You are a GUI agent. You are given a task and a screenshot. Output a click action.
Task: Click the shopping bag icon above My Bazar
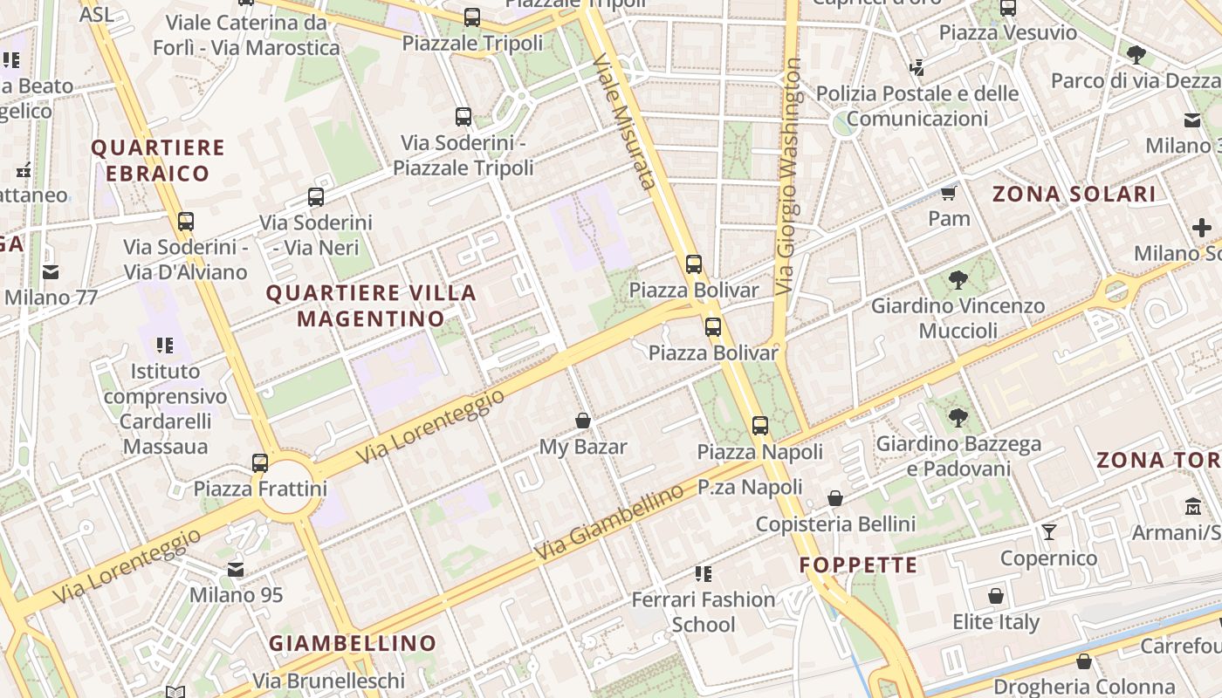pyautogui.click(x=583, y=421)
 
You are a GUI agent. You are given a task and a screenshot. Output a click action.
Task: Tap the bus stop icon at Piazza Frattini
pyautogui.click(x=260, y=462)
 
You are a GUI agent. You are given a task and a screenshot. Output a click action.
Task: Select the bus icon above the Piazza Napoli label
pyautogui.click(x=760, y=426)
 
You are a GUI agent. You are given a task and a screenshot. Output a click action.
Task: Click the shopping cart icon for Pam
pyautogui.click(x=949, y=193)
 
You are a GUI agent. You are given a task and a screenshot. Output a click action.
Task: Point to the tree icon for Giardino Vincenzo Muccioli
pyautogui.click(x=958, y=280)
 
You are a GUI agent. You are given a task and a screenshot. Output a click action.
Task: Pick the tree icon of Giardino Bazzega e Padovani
pyautogui.click(x=958, y=418)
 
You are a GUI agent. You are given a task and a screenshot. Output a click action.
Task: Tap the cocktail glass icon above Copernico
pyautogui.click(x=1048, y=532)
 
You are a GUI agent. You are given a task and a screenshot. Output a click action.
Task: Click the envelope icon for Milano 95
pyautogui.click(x=236, y=570)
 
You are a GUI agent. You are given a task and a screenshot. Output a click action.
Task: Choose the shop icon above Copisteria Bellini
pyautogui.click(x=835, y=498)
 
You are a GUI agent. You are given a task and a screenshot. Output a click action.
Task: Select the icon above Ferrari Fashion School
pyautogui.click(x=704, y=573)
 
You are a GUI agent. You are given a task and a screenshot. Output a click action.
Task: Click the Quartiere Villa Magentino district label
pyautogui.click(x=371, y=305)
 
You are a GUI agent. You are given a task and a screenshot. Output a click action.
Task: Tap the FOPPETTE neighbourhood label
pyautogui.click(x=858, y=565)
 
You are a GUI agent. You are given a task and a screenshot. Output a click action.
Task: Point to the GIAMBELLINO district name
pyautogui.click(x=353, y=644)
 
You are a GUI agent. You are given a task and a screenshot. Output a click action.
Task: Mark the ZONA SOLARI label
pyautogui.click(x=1074, y=194)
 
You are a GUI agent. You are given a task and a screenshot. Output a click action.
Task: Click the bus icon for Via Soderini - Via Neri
pyautogui.click(x=316, y=197)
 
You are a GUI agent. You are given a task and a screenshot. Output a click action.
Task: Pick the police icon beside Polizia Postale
pyautogui.click(x=916, y=67)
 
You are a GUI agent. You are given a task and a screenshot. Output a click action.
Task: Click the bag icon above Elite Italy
pyautogui.click(x=996, y=596)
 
